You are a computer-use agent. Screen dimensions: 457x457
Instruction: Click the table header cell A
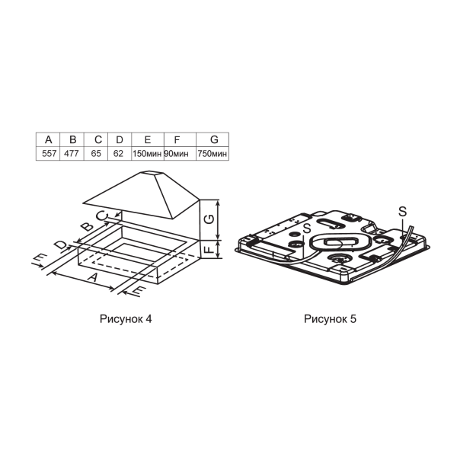48,139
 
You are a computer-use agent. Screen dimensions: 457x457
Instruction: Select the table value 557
49,153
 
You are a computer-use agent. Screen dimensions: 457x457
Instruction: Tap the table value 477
72,153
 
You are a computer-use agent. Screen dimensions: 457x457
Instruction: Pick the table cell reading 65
96,153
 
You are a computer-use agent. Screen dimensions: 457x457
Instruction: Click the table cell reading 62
118,153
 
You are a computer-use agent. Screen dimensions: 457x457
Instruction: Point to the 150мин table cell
147,154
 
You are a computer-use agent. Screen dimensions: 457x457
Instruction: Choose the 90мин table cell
177,154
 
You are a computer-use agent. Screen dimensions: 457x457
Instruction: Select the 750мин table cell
213,154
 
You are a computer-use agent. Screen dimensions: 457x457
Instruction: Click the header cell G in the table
214,139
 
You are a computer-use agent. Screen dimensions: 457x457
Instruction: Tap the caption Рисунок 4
126,319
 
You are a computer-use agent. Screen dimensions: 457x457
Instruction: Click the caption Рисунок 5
330,319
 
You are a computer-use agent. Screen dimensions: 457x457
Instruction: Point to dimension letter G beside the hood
209,219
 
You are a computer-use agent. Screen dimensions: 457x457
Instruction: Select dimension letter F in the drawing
209,249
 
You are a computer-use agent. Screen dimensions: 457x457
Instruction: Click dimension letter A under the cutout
93,276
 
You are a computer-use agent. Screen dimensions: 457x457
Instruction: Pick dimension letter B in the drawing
87,226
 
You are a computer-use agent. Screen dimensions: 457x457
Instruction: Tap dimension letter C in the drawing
102,216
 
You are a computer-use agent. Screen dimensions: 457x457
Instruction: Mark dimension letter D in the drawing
62,244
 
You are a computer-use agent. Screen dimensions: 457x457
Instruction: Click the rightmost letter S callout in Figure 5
402,212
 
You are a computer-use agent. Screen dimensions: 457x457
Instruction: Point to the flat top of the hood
150,174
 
